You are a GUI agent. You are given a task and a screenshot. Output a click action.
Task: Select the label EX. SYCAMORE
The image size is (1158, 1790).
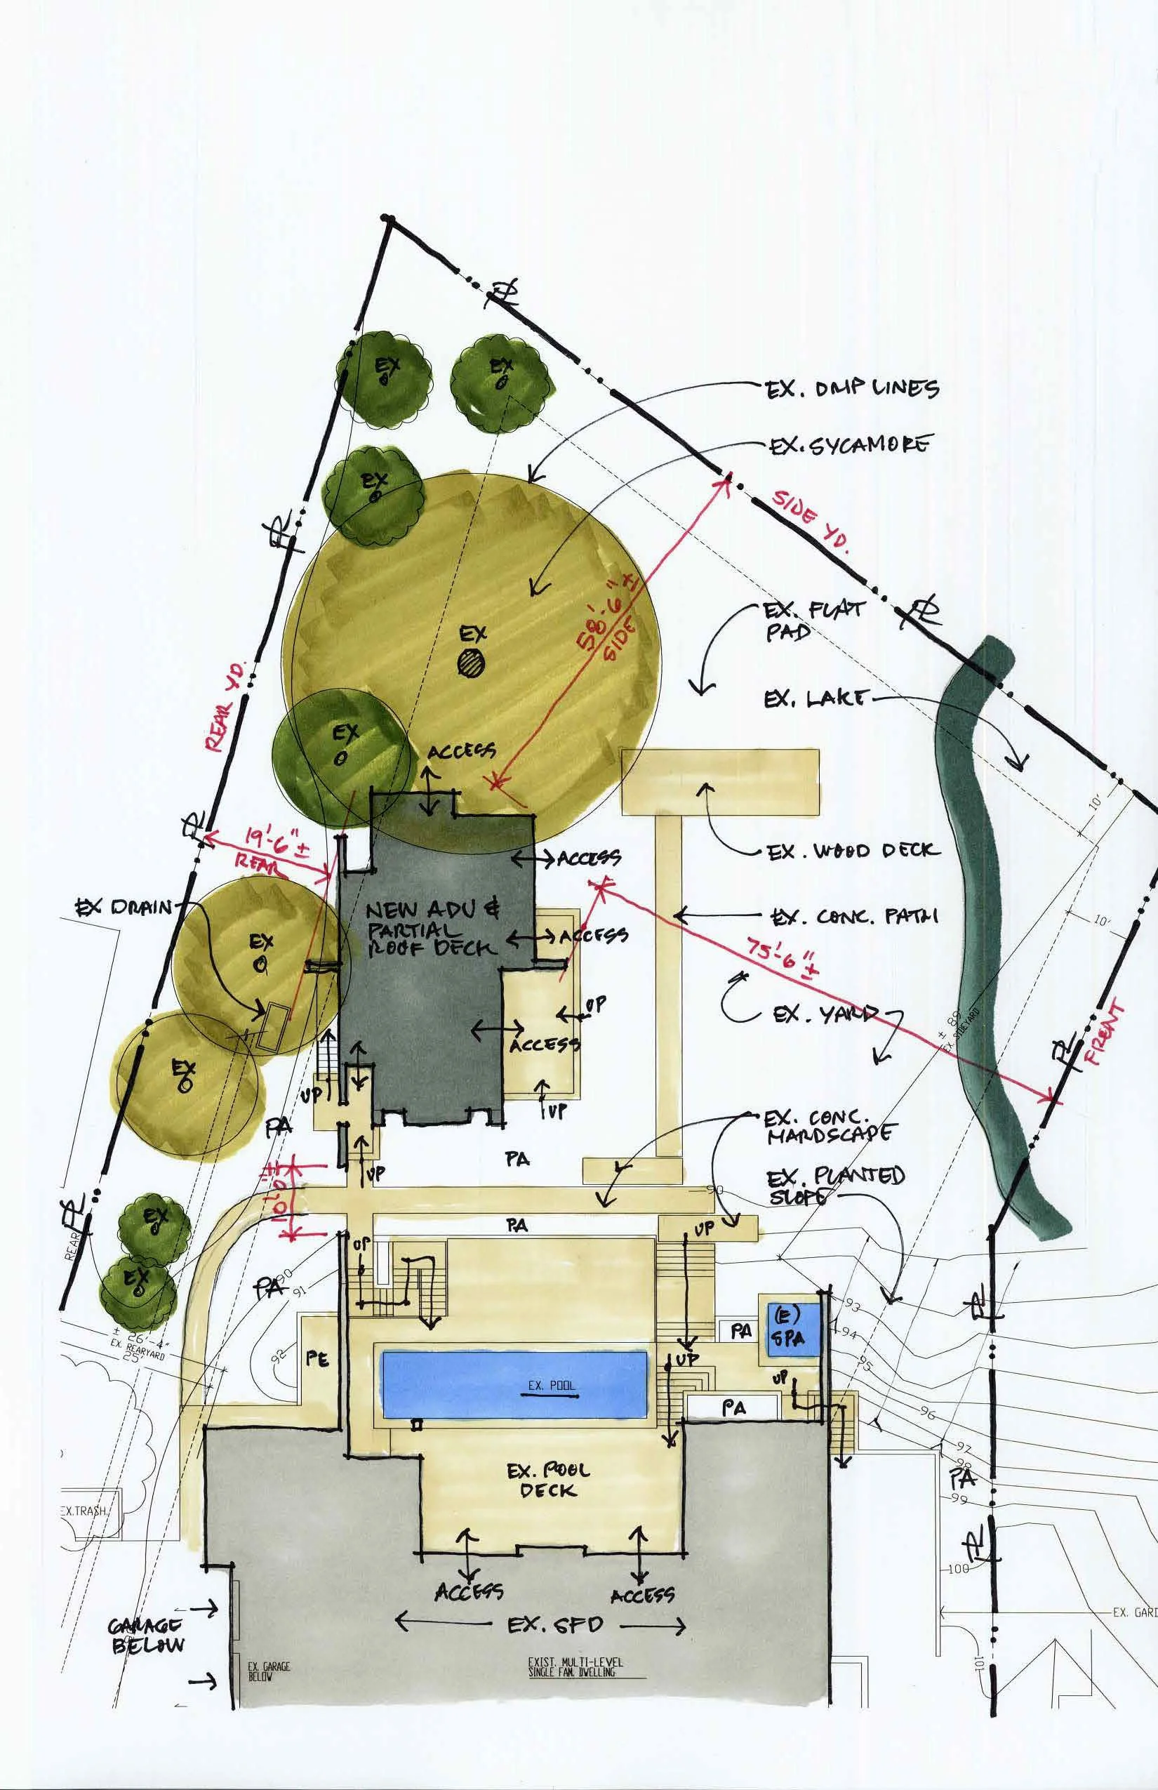pyautogui.click(x=849, y=446)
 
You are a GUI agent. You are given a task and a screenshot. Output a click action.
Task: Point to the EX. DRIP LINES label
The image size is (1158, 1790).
pyautogui.click(x=852, y=390)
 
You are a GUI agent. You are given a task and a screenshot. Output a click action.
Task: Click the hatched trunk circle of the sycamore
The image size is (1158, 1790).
pyautogui.click(x=472, y=663)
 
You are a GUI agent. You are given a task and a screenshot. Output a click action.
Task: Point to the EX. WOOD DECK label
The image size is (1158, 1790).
pyautogui.click(x=853, y=851)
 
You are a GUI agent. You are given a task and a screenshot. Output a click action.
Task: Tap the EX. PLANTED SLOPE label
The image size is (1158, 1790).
pyautogui.click(x=835, y=1186)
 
